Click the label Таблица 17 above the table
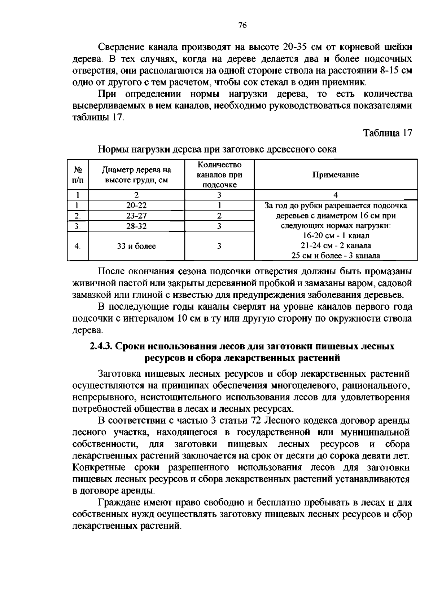pyautogui.click(x=387, y=133)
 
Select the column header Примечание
pyautogui.click(x=335, y=175)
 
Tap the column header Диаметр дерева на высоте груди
pyautogui.click(x=136, y=175)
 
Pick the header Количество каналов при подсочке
pyautogui.click(x=219, y=175)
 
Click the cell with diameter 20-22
pyautogui.click(x=136, y=205)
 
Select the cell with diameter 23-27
pyautogui.click(x=136, y=216)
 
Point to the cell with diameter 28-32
pyautogui.click(x=136, y=226)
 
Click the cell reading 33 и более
pyautogui.click(x=136, y=246)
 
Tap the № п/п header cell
pyautogui.click(x=78, y=175)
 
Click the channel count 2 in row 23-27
pyautogui.click(x=219, y=216)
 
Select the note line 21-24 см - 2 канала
pyautogui.click(x=336, y=246)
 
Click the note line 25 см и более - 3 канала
pyautogui.click(x=336, y=256)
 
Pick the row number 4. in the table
pyautogui.click(x=77, y=246)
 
